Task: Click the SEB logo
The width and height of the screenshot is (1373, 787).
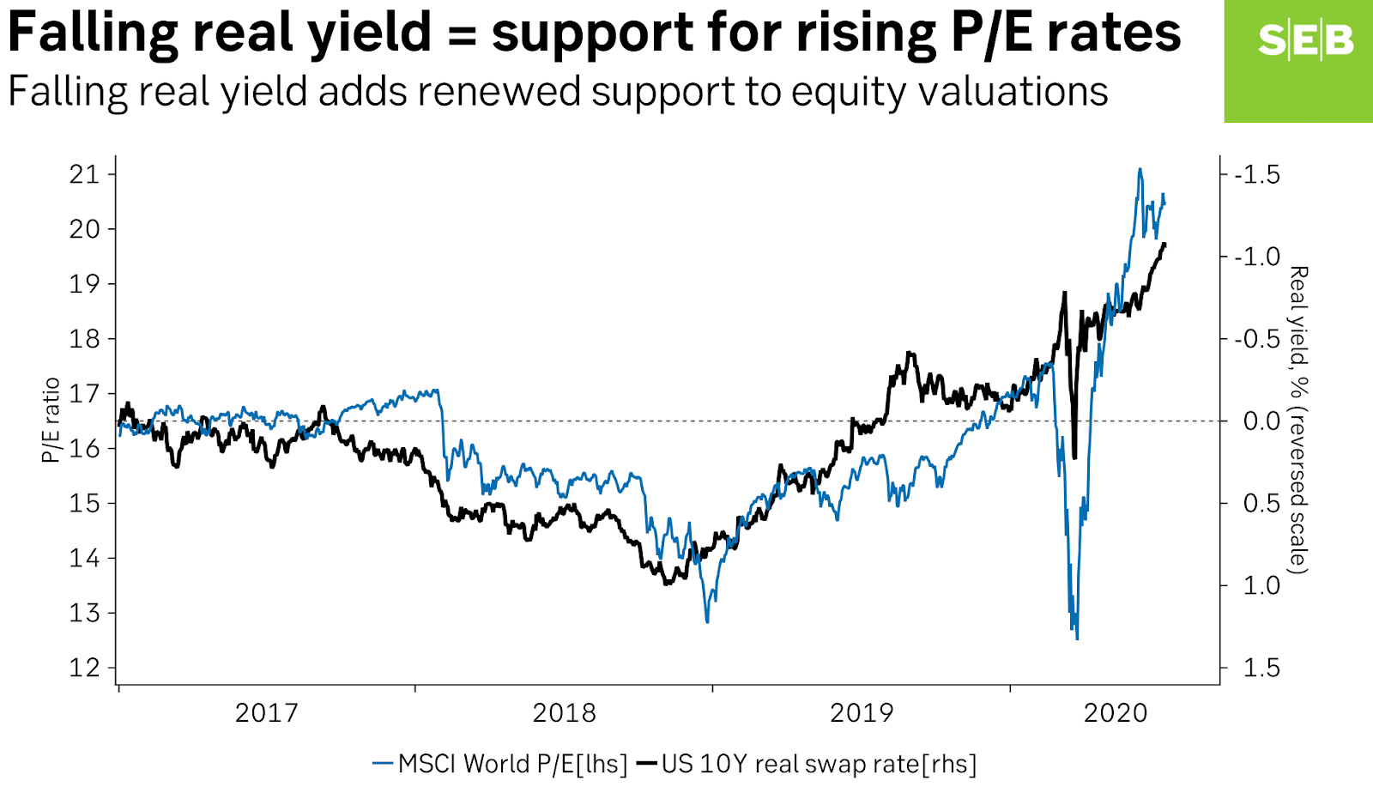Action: pyautogui.click(x=1304, y=40)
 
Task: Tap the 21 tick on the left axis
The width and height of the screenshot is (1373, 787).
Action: pyautogui.click(x=84, y=174)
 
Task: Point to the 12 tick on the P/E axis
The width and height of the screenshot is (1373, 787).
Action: pyautogui.click(x=84, y=668)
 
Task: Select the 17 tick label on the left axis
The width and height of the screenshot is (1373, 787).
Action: pyautogui.click(x=84, y=394)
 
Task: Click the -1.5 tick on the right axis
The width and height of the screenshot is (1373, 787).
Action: pyautogui.click(x=1256, y=174)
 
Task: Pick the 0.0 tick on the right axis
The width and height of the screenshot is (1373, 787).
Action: pyautogui.click(x=1261, y=421)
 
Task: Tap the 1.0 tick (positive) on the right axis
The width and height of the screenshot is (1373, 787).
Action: pyautogui.click(x=1261, y=585)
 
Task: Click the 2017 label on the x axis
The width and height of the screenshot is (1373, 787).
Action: pyautogui.click(x=266, y=713)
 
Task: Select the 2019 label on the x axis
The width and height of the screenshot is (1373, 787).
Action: pyautogui.click(x=861, y=713)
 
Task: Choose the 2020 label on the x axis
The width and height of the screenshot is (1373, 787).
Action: pyautogui.click(x=1115, y=713)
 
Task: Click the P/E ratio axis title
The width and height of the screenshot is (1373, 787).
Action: pyautogui.click(x=51, y=421)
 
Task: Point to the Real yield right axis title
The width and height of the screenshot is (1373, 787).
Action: pyautogui.click(x=1298, y=421)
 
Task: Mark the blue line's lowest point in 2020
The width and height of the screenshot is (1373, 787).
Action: pyautogui.click(x=1077, y=639)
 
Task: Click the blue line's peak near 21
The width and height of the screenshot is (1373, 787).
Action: pyautogui.click(x=1140, y=169)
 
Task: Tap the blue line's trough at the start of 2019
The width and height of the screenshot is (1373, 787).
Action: pyautogui.click(x=707, y=621)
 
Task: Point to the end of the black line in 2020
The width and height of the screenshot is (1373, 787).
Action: pyautogui.click(x=1164, y=245)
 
